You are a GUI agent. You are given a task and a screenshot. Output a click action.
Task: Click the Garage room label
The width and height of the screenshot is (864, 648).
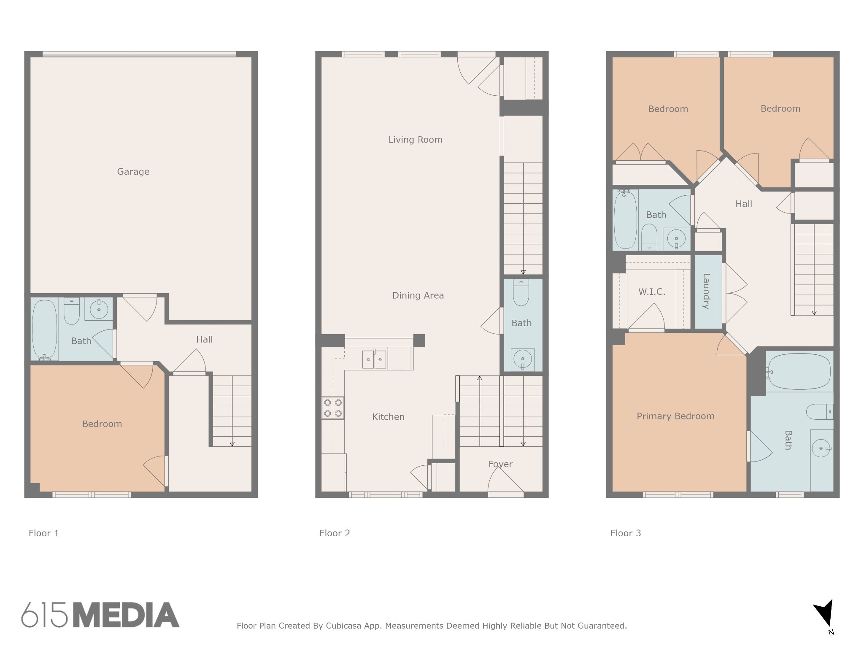[133, 172]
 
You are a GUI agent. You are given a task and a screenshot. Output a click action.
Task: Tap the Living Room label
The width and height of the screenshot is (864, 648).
[415, 140]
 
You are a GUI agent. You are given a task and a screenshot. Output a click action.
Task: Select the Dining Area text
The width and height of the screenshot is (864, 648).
[418, 295]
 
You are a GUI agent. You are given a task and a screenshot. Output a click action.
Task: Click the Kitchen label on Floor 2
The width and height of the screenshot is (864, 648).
[388, 417]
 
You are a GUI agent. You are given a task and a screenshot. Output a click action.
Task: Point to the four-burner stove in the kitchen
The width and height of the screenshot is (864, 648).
[333, 408]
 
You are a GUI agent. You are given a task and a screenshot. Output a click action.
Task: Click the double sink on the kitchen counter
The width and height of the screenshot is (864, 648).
[374, 359]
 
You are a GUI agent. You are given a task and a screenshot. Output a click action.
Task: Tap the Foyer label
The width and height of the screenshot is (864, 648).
[500, 464]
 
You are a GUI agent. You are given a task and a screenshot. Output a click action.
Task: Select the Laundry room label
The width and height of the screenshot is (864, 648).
[706, 291]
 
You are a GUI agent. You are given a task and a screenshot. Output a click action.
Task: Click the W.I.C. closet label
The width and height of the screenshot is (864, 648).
[651, 292]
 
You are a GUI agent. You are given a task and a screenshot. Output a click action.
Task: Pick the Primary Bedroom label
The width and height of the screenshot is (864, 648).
[675, 416]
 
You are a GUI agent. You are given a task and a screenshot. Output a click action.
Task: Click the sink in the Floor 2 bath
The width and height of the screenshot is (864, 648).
[522, 359]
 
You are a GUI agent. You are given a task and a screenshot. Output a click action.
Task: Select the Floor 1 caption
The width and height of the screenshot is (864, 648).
[44, 533]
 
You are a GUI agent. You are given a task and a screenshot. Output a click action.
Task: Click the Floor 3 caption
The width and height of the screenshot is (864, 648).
[626, 533]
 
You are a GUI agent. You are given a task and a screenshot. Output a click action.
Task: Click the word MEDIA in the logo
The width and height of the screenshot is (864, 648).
[126, 615]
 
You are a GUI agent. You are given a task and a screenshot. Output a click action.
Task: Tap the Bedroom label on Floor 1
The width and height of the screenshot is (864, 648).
[102, 424]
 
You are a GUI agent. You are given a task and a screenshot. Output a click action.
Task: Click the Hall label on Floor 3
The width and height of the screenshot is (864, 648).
[743, 204]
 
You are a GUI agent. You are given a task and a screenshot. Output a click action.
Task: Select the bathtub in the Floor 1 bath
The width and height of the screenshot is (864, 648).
[45, 329]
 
